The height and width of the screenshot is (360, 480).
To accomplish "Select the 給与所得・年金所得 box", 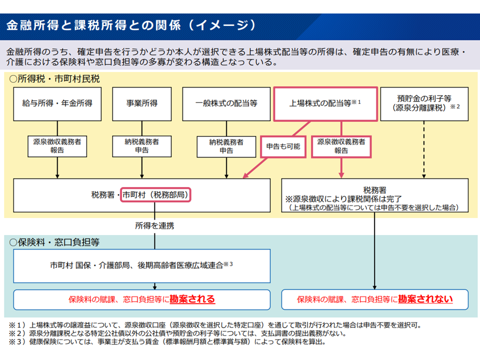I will [x=57, y=103].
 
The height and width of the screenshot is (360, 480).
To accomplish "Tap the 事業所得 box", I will [x=142, y=103].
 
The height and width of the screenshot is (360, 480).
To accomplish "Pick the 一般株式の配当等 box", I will [x=226, y=103].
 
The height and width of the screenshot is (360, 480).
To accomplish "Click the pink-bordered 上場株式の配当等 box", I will [x=325, y=103].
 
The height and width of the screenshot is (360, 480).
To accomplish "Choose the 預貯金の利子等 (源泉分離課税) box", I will [x=424, y=103].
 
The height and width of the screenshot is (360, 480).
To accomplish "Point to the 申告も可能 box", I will [x=283, y=146].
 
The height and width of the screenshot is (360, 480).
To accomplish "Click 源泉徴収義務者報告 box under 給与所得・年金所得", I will [x=57, y=146].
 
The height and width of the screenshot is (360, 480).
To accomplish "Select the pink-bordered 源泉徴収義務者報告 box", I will [x=341, y=146].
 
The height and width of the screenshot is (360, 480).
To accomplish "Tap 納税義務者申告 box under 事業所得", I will [x=142, y=146].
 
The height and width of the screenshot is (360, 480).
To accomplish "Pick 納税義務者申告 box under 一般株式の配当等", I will [x=226, y=146].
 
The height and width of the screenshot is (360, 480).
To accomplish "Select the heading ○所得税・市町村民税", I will [x=54, y=79].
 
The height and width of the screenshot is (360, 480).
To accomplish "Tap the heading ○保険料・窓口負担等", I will [x=54, y=242].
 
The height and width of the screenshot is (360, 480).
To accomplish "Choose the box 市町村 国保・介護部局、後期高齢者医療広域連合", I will [x=141, y=265].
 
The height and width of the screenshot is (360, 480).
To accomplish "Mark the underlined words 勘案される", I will [x=192, y=299].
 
